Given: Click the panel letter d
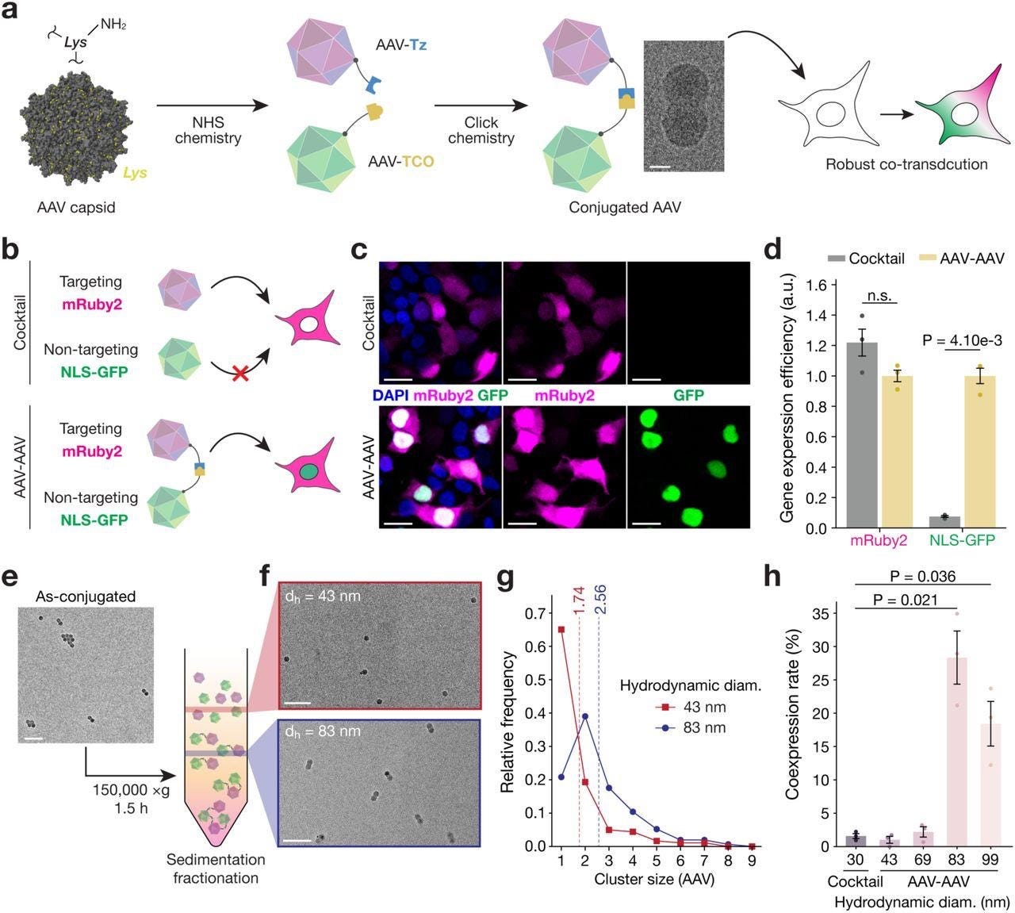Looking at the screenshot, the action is point(772,250).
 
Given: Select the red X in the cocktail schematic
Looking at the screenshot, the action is point(239,374).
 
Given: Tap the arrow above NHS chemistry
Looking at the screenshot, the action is point(212,105).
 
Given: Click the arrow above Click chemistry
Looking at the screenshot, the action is point(481,105).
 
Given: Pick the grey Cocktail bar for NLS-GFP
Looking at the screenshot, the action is point(944,522).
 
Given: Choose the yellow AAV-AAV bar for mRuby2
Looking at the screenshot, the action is point(897,451).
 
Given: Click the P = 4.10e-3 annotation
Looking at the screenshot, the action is point(961,340).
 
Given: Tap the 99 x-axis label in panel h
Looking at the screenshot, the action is point(990,860).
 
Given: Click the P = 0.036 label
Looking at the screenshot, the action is point(923,576).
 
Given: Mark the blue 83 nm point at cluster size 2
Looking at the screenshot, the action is point(585,716).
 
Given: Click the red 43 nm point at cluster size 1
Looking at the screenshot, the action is point(561,630).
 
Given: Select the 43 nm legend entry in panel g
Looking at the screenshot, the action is point(691,707).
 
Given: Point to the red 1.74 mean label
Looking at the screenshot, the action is point(580,600).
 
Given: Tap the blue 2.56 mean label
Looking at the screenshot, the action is point(600,600).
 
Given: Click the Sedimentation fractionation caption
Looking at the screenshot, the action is point(216,869).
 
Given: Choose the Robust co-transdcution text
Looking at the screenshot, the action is point(906,164).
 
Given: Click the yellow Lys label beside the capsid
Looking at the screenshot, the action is point(135,173).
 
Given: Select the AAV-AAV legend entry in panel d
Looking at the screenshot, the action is point(961,259).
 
